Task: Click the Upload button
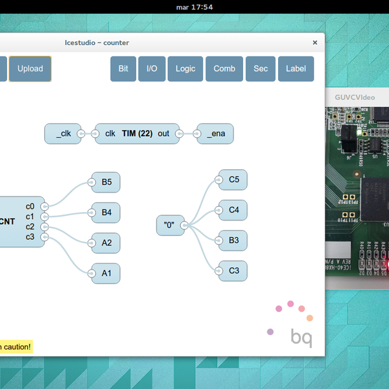pos(30,69)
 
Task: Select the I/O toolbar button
pos(151,69)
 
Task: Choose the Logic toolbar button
pos(185,69)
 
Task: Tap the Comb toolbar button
pos(224,69)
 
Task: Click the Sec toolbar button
pos(261,69)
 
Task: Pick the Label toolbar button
pos(296,69)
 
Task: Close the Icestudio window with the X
pos(315,43)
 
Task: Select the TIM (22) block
pos(137,134)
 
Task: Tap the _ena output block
pos(217,134)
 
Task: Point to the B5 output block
pos(106,182)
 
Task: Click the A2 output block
pos(106,243)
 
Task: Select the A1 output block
pos(106,274)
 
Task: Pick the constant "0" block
pos(169,225)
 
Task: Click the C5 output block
pos(233,180)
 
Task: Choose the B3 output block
pos(233,241)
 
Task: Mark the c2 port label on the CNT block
pos(30,227)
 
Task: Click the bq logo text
pos(301,338)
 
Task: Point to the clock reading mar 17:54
pos(194,7)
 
